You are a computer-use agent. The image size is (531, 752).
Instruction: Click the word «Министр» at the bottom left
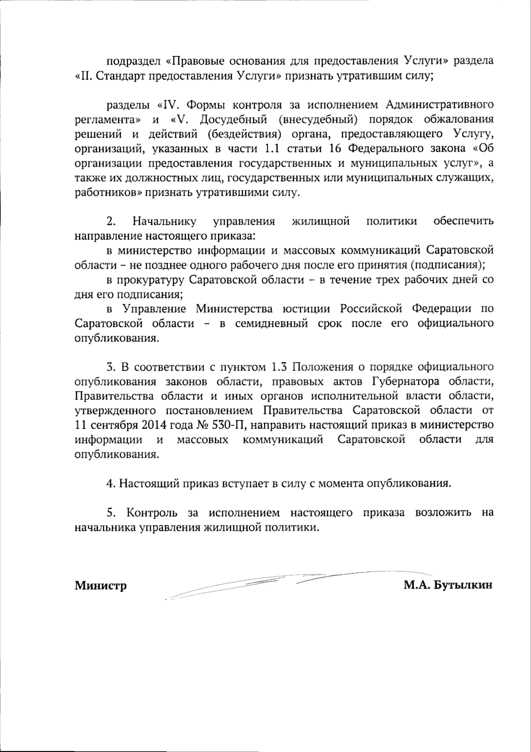[x=100, y=586]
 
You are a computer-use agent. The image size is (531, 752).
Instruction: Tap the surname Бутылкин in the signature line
[x=464, y=585]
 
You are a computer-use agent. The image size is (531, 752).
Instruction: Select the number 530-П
[x=230, y=425]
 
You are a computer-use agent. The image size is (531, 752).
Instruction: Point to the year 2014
[x=155, y=425]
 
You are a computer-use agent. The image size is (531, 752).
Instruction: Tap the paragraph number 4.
[x=110, y=483]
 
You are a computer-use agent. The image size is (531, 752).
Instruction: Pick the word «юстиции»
[x=310, y=309]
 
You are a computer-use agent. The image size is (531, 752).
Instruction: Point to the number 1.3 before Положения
[x=279, y=367]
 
